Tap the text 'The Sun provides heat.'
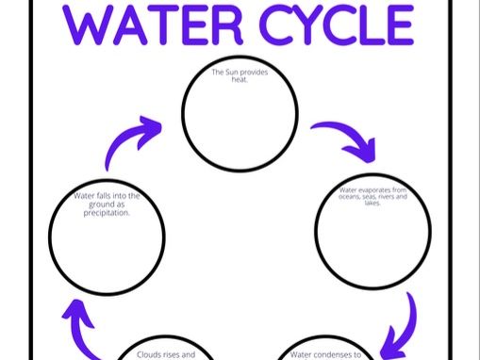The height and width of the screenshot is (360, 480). pyautogui.click(x=230, y=75)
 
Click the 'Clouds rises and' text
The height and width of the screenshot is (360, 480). pyautogui.click(x=159, y=354)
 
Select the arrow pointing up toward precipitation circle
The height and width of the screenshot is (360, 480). pyautogui.click(x=81, y=323)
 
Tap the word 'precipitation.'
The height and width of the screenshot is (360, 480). pyautogui.click(x=107, y=212)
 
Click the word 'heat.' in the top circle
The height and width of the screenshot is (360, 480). pyautogui.click(x=230, y=80)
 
